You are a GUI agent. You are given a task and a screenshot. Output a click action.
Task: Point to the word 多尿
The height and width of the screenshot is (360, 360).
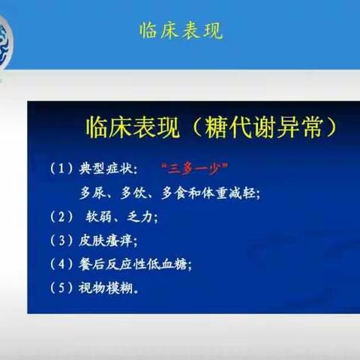(93, 193)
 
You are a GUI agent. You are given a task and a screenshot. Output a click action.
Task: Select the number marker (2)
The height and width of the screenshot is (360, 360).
(63, 217)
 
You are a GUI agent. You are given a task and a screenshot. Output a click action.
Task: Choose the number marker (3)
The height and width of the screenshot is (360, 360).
(63, 241)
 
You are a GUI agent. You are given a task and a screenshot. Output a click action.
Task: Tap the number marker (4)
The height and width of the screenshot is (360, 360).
(63, 264)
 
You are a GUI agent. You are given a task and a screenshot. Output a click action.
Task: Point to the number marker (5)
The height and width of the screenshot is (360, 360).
(63, 287)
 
